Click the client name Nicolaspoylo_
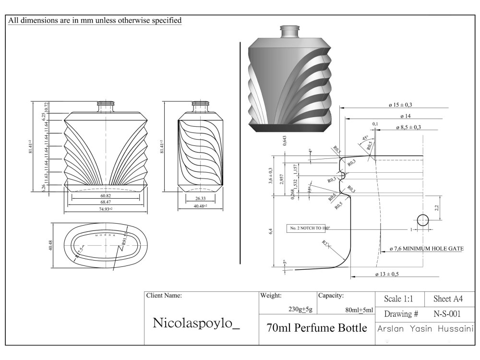196,323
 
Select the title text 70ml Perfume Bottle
316,328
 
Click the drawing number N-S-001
447,314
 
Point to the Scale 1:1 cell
399,299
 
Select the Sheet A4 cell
448,299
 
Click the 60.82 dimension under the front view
106,196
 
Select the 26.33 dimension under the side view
200,198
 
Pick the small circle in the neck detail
423,220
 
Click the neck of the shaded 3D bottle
289,31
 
